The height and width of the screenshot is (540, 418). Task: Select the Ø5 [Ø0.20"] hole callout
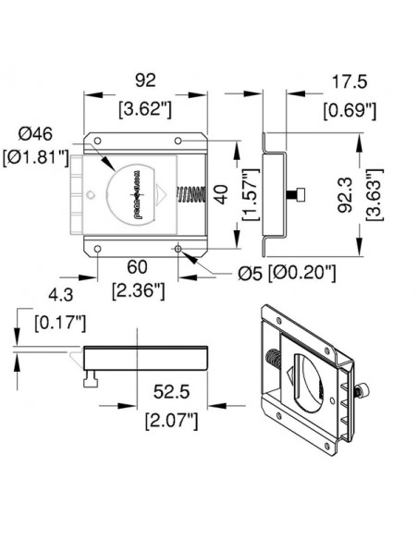[286, 274]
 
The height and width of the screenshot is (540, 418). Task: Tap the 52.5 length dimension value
[172, 393]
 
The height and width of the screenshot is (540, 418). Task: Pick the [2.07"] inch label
[172, 423]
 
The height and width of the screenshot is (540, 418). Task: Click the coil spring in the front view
[190, 195]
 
